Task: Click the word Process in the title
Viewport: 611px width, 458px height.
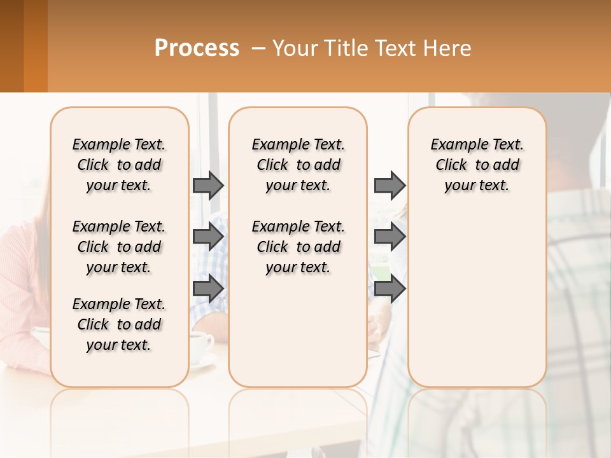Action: [x=197, y=48]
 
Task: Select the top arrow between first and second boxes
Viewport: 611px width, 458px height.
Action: [x=208, y=185]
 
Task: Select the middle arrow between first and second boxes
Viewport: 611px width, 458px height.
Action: [x=208, y=237]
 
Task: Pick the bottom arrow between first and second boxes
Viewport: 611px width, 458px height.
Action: [x=208, y=288]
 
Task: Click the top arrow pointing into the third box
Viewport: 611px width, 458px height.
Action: [x=390, y=185]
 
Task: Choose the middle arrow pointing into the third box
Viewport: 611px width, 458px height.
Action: [x=390, y=237]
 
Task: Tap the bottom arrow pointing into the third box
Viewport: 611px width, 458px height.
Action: [x=390, y=288]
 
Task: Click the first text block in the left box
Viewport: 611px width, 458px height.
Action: [x=119, y=165]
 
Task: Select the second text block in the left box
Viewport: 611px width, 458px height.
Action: [x=119, y=247]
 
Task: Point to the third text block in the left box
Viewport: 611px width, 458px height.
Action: [x=119, y=324]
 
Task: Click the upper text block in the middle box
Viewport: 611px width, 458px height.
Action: [x=298, y=165]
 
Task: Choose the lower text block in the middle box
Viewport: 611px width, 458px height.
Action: [x=298, y=247]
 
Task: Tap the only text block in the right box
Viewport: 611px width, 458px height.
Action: [x=477, y=165]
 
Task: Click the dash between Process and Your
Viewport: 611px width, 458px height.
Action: [x=258, y=48]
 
